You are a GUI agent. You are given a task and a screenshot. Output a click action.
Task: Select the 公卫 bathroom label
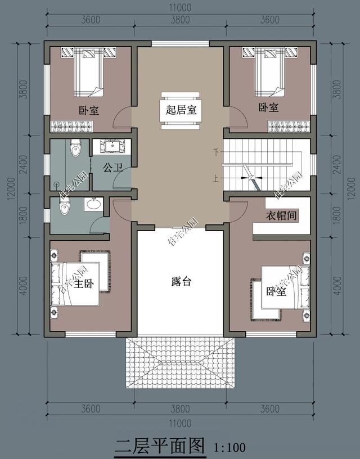click(112, 167)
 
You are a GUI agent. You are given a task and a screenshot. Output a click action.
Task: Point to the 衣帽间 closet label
click(281, 215)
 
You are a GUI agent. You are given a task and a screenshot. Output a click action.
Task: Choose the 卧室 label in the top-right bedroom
click(268, 107)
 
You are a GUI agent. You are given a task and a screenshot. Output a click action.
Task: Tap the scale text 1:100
click(230, 448)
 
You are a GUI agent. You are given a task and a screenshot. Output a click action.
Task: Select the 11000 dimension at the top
click(180, 7)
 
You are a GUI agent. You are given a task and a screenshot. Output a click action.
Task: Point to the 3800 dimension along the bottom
click(180, 408)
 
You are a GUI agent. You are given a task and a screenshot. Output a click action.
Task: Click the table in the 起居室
click(180, 111)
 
